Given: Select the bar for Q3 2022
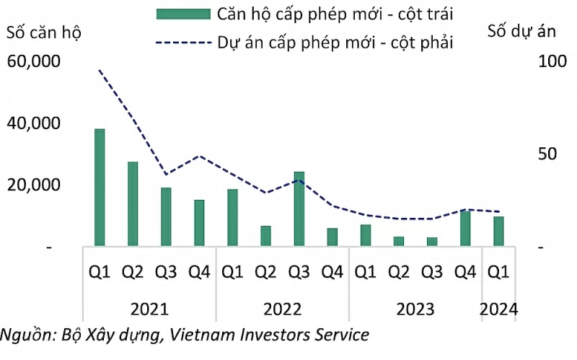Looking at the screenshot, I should click(299, 209).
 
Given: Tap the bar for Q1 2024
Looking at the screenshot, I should click(498, 232).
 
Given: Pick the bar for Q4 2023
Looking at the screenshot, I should click(465, 229).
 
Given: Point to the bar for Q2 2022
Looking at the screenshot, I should click(265, 236).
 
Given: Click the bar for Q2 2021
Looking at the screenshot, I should click(133, 204).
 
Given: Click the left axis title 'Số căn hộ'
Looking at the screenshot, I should click(44, 32).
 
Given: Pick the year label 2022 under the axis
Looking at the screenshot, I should click(283, 309).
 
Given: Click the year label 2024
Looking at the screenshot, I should click(499, 309).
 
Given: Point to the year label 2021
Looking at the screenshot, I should click(149, 309).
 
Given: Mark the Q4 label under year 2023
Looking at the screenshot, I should click(465, 272).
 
